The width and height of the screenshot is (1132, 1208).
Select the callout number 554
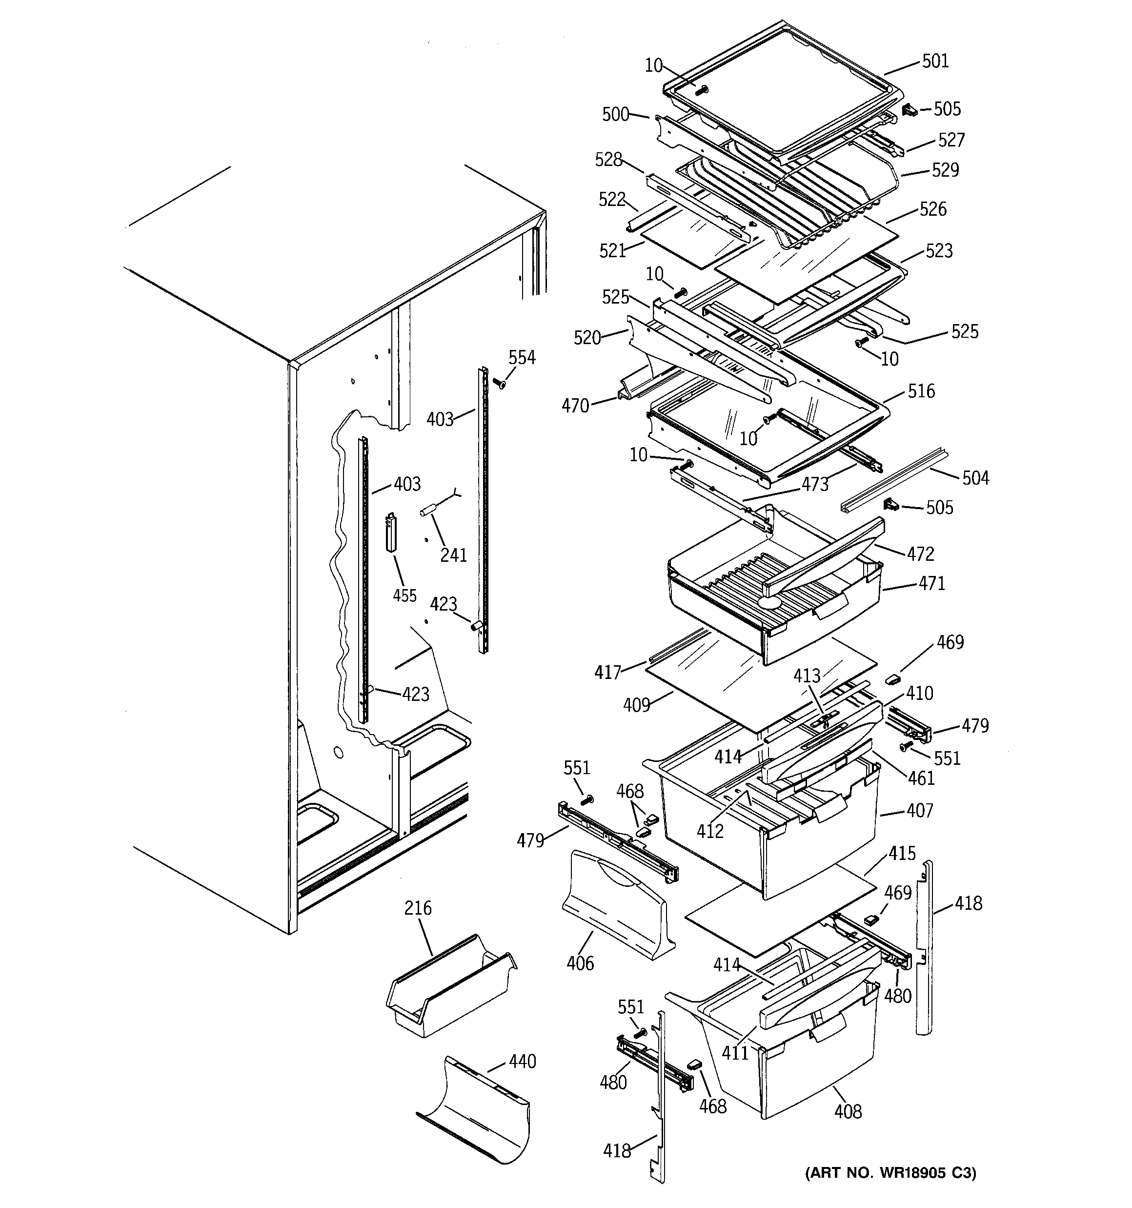522,357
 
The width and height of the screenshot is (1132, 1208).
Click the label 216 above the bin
418,908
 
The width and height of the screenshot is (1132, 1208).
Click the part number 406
580,963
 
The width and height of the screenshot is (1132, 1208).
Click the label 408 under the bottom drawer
848,1112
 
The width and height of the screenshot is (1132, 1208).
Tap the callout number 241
453,555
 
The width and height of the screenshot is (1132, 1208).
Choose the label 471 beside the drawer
931,584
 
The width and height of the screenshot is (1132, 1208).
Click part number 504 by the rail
975,478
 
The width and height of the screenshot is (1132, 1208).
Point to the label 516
921,391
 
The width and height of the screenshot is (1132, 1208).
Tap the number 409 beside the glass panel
636,705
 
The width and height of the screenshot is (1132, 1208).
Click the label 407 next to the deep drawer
919,810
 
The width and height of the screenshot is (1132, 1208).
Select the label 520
587,337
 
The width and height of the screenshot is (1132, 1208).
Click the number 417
607,672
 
